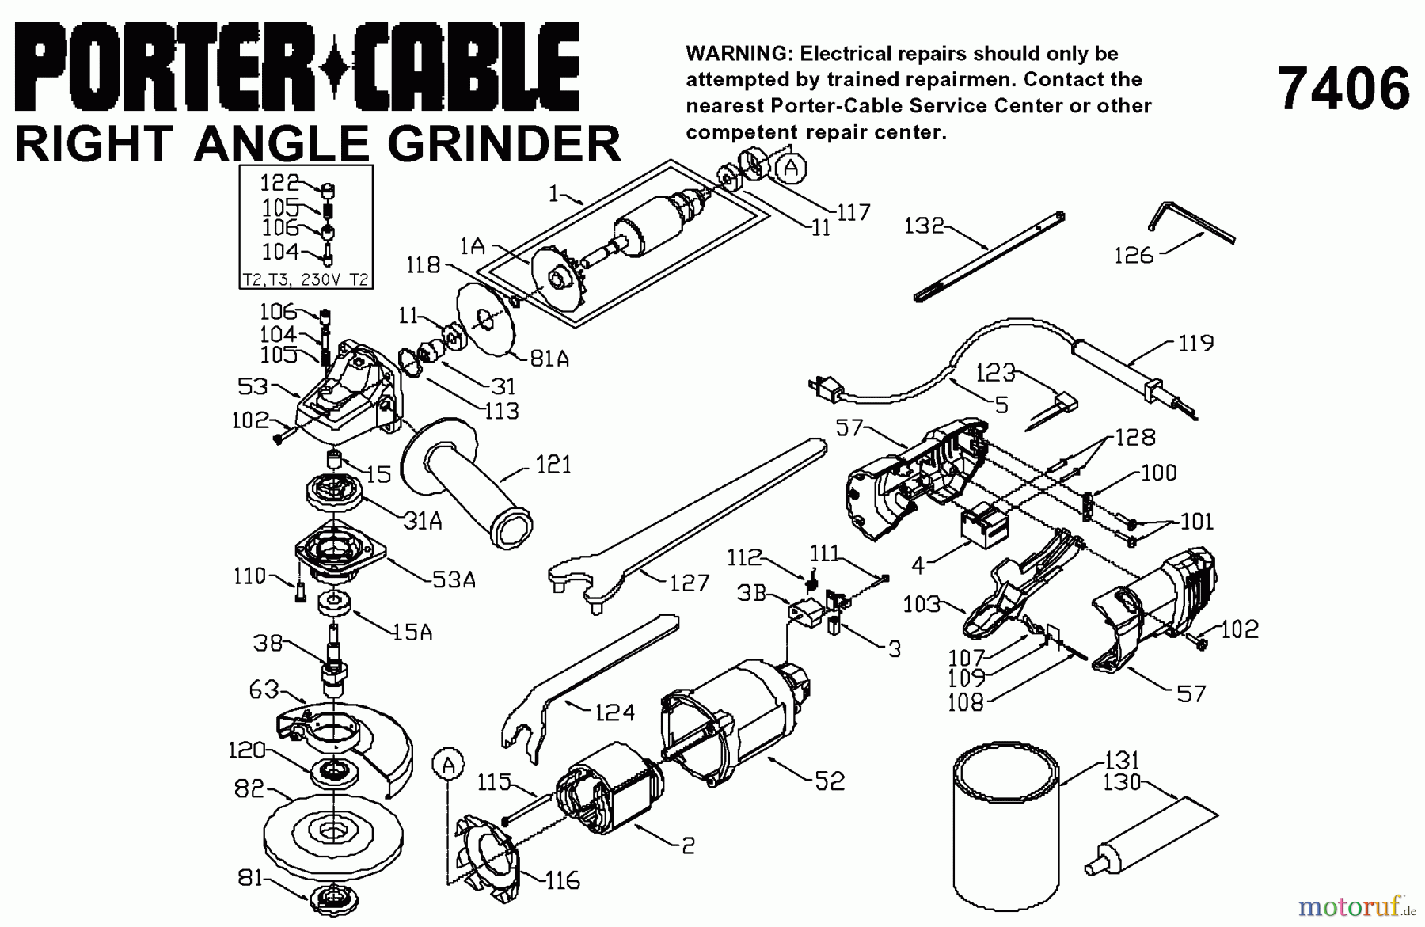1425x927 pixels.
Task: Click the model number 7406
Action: (1343, 89)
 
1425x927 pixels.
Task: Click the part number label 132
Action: (925, 226)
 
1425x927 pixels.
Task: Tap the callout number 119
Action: (1195, 344)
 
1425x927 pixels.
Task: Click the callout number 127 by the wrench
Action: (689, 583)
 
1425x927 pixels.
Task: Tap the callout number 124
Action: (614, 712)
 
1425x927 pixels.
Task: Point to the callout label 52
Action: (828, 781)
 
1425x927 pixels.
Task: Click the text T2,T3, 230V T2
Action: (306, 279)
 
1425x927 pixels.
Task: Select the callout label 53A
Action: (454, 580)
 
